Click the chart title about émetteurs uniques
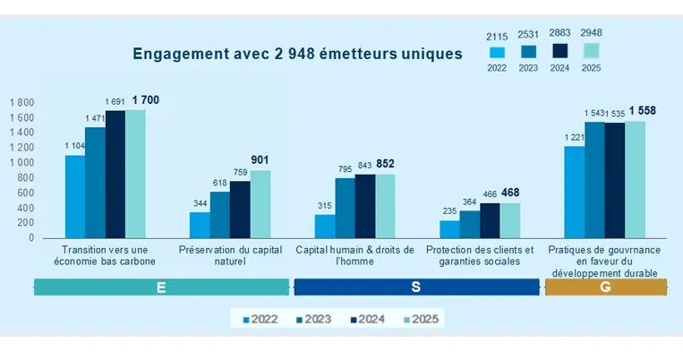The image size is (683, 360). (297, 54)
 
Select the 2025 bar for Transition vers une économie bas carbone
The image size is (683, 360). (135, 174)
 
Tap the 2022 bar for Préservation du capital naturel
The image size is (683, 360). (200, 225)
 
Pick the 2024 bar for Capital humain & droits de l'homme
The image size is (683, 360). (365, 206)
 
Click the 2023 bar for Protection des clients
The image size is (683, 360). (470, 225)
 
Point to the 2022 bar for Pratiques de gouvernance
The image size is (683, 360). (575, 193)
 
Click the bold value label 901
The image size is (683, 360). (260, 160)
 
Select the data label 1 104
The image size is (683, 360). (75, 146)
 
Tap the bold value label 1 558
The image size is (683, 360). (643, 111)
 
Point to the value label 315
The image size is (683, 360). (325, 206)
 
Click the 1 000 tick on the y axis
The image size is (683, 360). (21, 163)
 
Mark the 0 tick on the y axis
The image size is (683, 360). (31, 238)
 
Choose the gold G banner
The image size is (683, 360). (606, 287)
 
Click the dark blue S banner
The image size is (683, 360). (416, 287)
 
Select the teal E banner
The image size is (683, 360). (162, 287)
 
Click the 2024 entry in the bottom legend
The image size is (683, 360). (368, 320)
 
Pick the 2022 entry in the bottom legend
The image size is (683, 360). (260, 320)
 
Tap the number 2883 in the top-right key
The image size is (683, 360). (559, 33)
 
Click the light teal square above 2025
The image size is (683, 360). (591, 51)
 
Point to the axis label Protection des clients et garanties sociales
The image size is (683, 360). (480, 256)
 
